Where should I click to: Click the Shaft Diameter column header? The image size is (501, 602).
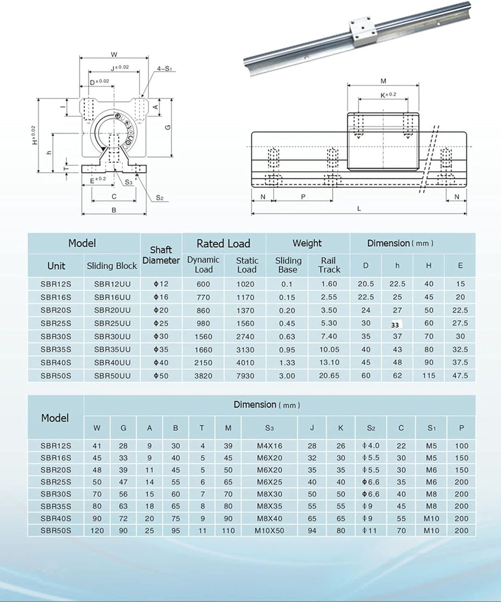(161, 255)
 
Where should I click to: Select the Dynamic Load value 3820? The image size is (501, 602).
(203, 375)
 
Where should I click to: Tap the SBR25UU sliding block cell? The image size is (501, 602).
(112, 323)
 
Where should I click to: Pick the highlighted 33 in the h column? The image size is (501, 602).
(395, 324)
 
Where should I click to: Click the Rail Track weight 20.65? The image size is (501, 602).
(329, 375)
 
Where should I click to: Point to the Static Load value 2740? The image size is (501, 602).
(245, 337)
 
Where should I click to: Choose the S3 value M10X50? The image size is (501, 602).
(269, 530)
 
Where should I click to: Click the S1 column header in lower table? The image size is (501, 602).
(431, 428)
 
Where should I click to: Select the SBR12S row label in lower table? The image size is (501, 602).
(56, 446)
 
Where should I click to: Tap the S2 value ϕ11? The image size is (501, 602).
(370, 530)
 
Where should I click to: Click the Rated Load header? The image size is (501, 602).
(224, 243)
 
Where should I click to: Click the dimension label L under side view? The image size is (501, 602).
(359, 209)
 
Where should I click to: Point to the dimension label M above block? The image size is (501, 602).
(383, 81)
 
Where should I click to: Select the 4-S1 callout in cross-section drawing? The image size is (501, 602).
(164, 69)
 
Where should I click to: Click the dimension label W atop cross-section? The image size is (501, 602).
(114, 55)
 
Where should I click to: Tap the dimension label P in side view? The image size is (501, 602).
(303, 197)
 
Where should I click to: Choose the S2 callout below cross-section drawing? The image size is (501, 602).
(160, 198)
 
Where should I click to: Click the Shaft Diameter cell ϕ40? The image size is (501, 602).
(161, 362)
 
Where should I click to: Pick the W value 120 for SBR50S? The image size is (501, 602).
(97, 530)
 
